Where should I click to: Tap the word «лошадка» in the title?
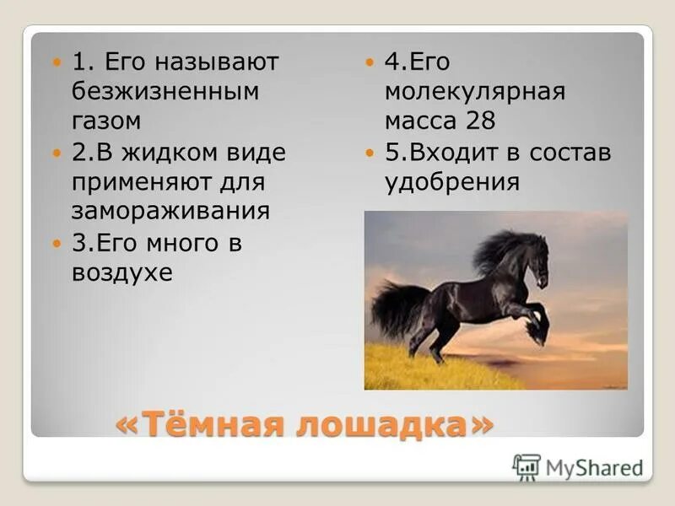(x=384, y=424)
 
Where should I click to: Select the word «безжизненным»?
(x=165, y=91)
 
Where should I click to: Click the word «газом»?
(x=105, y=121)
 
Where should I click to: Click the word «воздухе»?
(x=122, y=273)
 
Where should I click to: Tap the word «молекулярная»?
(x=474, y=91)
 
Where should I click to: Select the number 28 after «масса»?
(x=479, y=121)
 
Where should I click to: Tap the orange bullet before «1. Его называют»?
(x=57, y=62)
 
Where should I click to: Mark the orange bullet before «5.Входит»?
(x=370, y=153)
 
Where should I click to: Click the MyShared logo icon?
(x=526, y=466)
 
